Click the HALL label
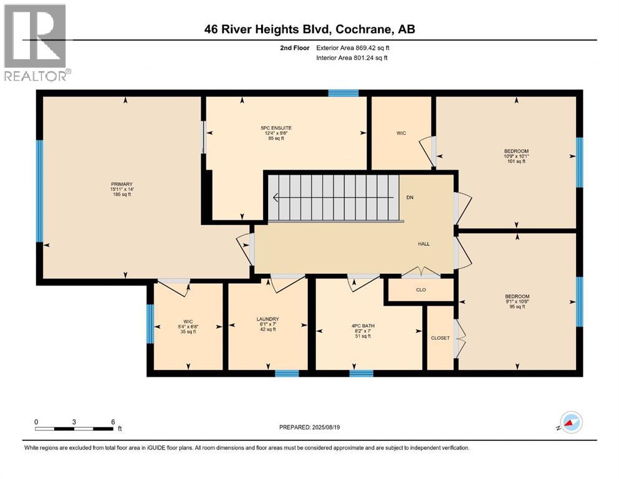424,244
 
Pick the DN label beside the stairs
410,198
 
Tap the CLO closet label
421,290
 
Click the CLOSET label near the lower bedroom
440,338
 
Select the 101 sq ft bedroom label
516,156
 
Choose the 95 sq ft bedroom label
517,301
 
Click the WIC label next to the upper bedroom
401,133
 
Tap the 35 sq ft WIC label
188,327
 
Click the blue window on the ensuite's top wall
343,93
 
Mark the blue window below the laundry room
287,373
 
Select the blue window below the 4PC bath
361,373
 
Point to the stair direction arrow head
275,198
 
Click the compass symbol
571,422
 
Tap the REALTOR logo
36,42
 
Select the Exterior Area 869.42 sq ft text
353,48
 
